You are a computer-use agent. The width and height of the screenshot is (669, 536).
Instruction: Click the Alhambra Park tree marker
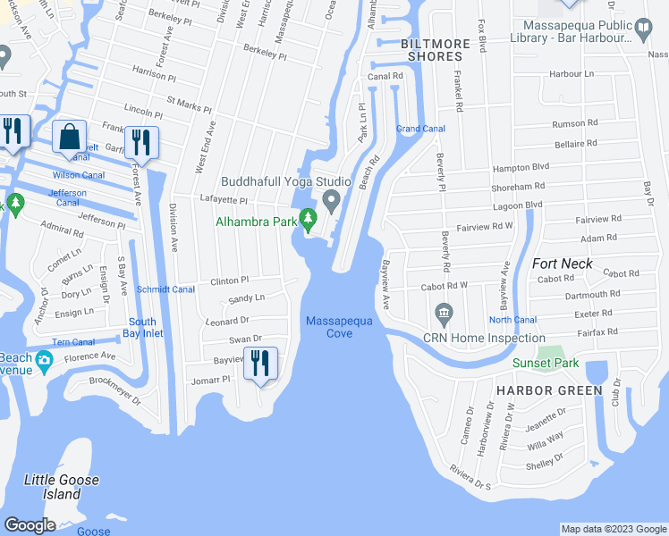[309, 218]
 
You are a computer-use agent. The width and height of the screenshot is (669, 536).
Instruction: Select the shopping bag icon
[69, 138]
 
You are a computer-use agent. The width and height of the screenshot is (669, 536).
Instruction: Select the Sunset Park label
[546, 363]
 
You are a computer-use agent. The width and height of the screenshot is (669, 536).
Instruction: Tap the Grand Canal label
[420, 129]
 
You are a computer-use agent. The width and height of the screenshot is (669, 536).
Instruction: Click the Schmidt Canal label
[165, 289]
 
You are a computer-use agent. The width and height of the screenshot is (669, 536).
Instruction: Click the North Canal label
[512, 320]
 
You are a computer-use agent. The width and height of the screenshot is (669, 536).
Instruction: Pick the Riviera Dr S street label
[470, 478]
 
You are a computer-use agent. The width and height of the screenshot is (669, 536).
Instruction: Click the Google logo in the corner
[30, 525]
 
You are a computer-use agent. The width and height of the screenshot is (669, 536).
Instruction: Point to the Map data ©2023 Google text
[614, 529]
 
